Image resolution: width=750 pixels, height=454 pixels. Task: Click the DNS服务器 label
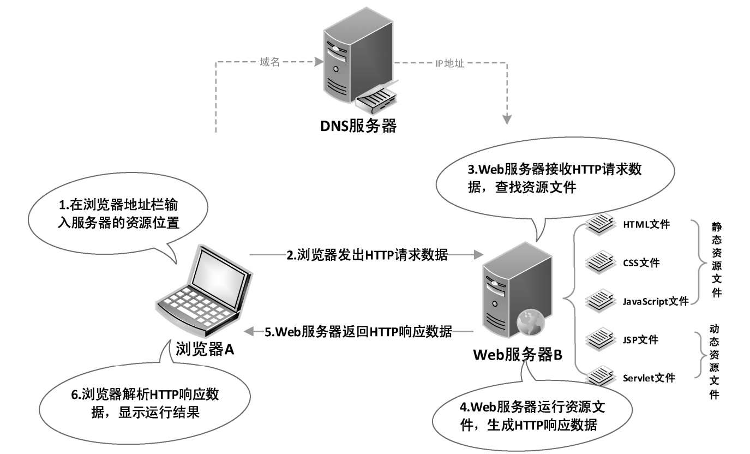(358, 127)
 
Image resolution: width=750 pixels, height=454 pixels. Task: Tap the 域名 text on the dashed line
(269, 62)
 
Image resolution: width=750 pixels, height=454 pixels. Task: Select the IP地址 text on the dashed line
(449, 63)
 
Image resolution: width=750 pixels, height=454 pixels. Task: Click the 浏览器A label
(205, 350)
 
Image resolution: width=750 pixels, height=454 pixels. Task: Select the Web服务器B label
(517, 355)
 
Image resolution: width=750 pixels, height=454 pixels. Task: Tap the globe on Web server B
(530, 322)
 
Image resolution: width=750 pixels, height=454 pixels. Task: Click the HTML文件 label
(646, 224)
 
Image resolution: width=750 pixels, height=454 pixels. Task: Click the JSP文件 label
(640, 340)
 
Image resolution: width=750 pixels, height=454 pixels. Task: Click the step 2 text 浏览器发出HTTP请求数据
(367, 255)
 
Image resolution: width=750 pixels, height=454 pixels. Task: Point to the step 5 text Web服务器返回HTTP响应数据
(358, 331)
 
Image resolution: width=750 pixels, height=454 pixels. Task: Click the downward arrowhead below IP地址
(508, 118)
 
